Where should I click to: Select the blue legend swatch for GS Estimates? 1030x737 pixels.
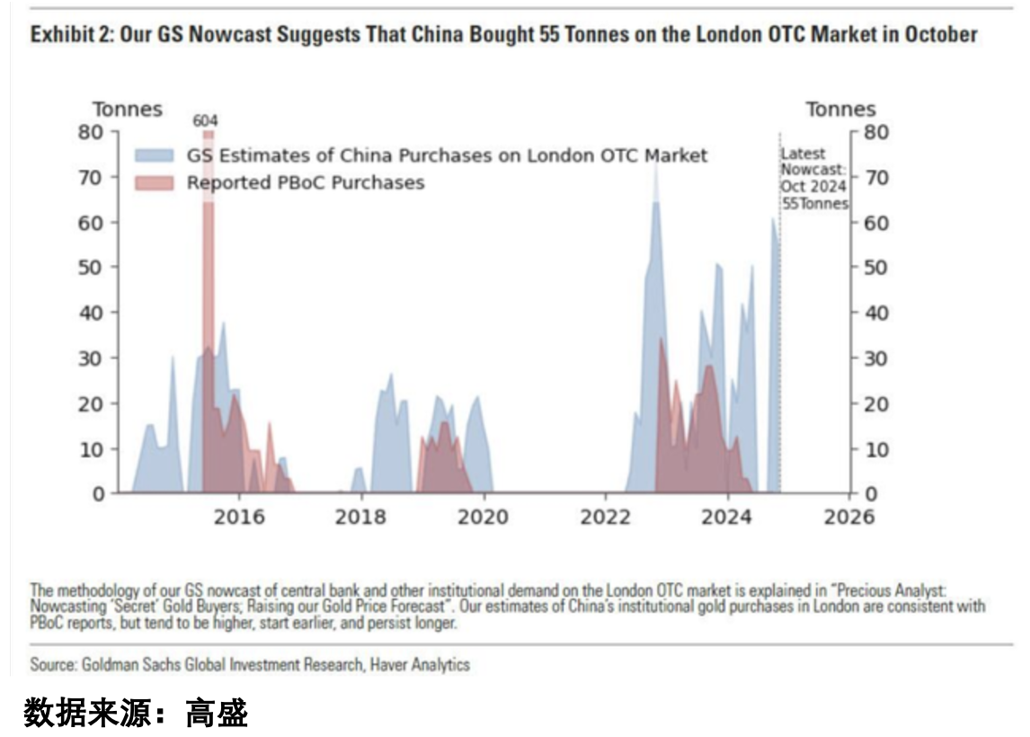click(156, 155)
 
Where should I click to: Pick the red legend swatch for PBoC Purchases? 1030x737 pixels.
click(156, 183)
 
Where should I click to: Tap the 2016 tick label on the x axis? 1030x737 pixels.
click(239, 518)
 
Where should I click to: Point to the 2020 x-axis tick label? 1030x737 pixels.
click(483, 518)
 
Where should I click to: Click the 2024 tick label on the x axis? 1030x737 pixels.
click(726, 518)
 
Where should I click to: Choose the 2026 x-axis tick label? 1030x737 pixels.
click(848, 518)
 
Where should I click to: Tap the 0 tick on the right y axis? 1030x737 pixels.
click(869, 494)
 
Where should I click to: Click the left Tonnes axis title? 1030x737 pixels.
click(128, 110)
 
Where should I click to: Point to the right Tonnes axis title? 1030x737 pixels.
click(840, 110)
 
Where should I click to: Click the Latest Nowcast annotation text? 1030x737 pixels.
click(813, 178)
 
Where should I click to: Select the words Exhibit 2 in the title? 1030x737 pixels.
click(65, 35)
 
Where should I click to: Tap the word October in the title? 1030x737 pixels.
click(941, 35)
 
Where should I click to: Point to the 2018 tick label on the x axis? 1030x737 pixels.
click(360, 518)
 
